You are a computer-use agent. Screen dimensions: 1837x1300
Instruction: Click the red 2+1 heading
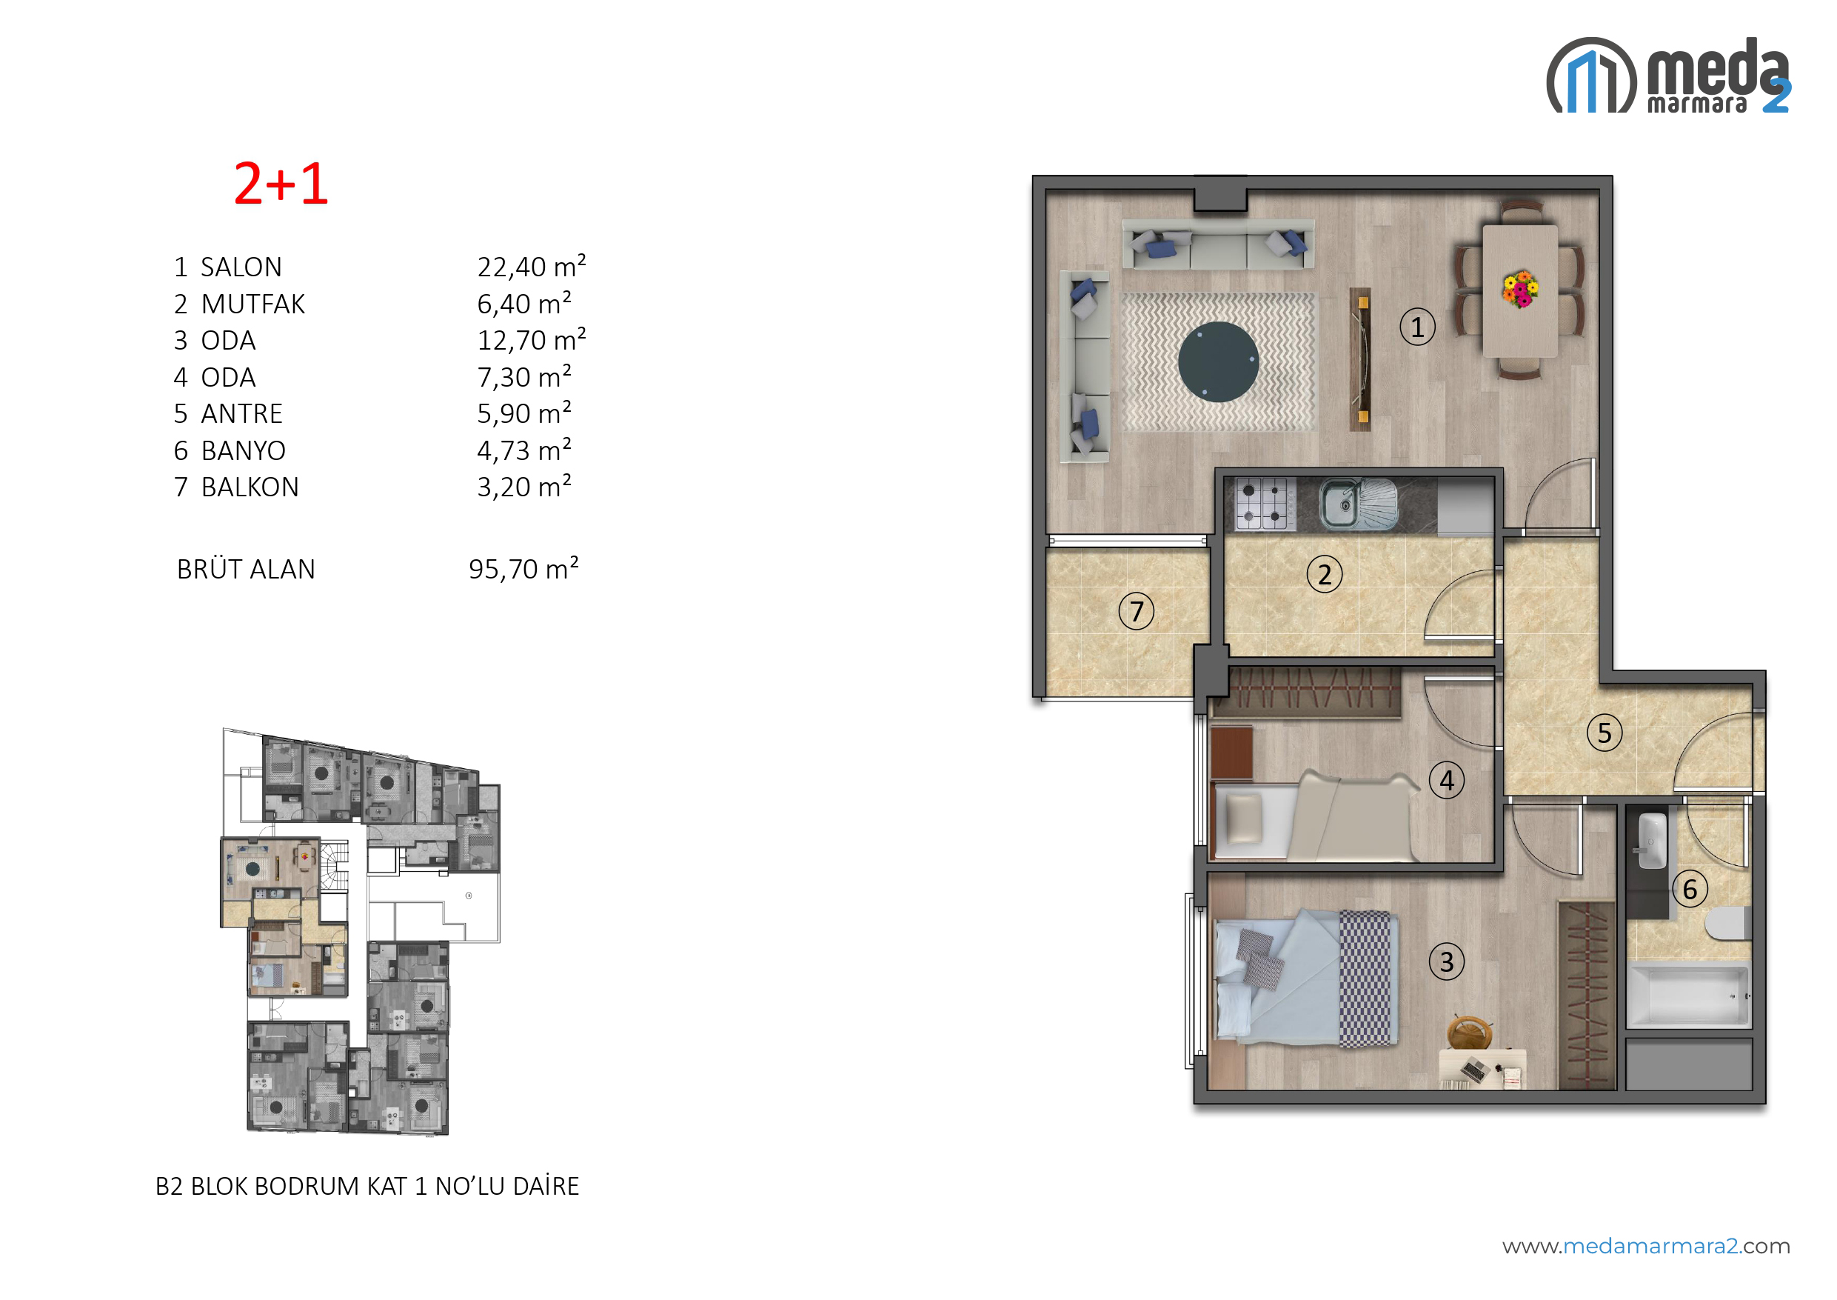coord(281,184)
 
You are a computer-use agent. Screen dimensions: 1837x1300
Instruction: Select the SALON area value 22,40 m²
coord(532,266)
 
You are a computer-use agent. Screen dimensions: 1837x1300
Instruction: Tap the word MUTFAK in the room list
coord(252,304)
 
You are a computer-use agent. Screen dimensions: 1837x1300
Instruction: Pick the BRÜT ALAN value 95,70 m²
coord(523,568)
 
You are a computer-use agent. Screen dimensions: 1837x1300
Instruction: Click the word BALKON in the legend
coord(250,487)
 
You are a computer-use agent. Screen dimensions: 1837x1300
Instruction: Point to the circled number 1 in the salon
coord(1417,327)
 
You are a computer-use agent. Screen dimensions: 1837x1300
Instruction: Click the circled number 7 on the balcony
coord(1136,611)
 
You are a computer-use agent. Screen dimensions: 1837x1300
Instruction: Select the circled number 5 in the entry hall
coord(1605,733)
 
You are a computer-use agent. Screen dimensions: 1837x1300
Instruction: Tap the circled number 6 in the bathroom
coord(1690,889)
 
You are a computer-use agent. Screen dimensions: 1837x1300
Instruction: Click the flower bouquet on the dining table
coord(1520,289)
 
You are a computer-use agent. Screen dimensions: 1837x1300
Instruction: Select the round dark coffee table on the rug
coord(1219,361)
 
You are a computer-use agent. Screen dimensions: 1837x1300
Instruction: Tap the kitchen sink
coord(1358,504)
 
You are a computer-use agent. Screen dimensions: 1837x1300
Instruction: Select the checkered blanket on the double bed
coord(1370,979)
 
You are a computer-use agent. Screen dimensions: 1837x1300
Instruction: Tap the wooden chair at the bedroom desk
coord(1470,1033)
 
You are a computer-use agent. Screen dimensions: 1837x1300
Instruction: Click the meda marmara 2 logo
coord(1669,76)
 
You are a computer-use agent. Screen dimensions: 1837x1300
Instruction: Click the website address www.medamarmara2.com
coord(1647,1247)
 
